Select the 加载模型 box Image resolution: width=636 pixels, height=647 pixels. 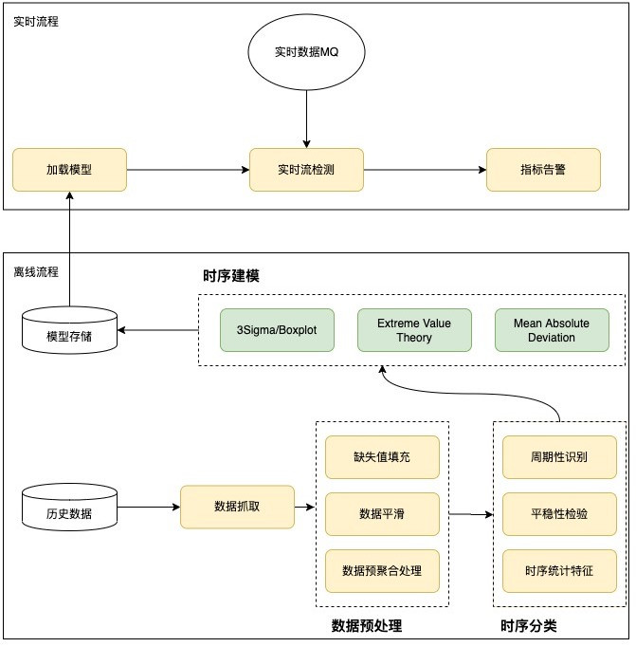69,170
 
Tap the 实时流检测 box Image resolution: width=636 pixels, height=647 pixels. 306,170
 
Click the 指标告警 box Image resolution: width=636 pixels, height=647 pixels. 543,170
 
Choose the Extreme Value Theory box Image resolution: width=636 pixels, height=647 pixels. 414,330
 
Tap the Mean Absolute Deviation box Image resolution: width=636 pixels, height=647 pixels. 552,330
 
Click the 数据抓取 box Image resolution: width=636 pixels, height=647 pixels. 237,508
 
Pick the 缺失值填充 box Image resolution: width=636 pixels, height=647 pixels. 382,457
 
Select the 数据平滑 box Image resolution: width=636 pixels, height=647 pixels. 382,514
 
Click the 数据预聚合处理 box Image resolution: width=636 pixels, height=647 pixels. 382,571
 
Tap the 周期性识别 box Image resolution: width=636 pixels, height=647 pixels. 559,457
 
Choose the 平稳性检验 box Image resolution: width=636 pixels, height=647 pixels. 559,514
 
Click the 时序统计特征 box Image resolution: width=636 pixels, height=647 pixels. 559,571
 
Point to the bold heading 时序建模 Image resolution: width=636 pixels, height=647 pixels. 231,276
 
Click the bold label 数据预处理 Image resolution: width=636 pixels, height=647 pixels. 367,626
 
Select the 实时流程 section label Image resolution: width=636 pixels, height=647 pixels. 35,21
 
